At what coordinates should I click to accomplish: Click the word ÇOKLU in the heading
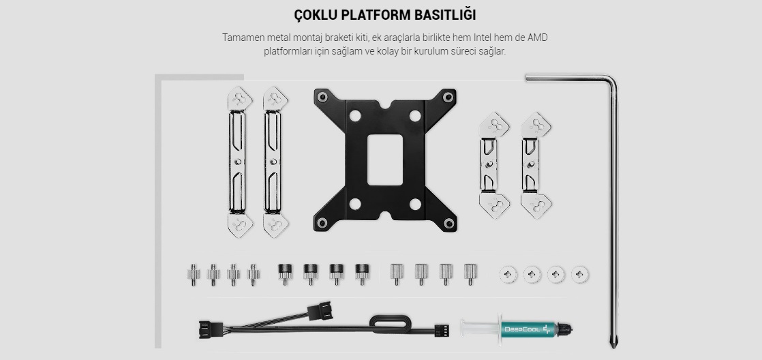[x=316, y=15]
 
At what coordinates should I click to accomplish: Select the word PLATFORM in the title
[x=376, y=15]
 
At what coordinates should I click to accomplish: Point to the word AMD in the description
[x=538, y=37]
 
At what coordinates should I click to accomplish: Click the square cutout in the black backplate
[x=385, y=160]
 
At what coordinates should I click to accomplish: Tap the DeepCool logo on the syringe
[x=523, y=329]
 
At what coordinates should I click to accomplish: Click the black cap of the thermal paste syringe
[x=564, y=329]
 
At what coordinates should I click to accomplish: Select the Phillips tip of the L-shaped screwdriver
[x=613, y=343]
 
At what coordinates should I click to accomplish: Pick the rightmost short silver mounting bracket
[x=536, y=165]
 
